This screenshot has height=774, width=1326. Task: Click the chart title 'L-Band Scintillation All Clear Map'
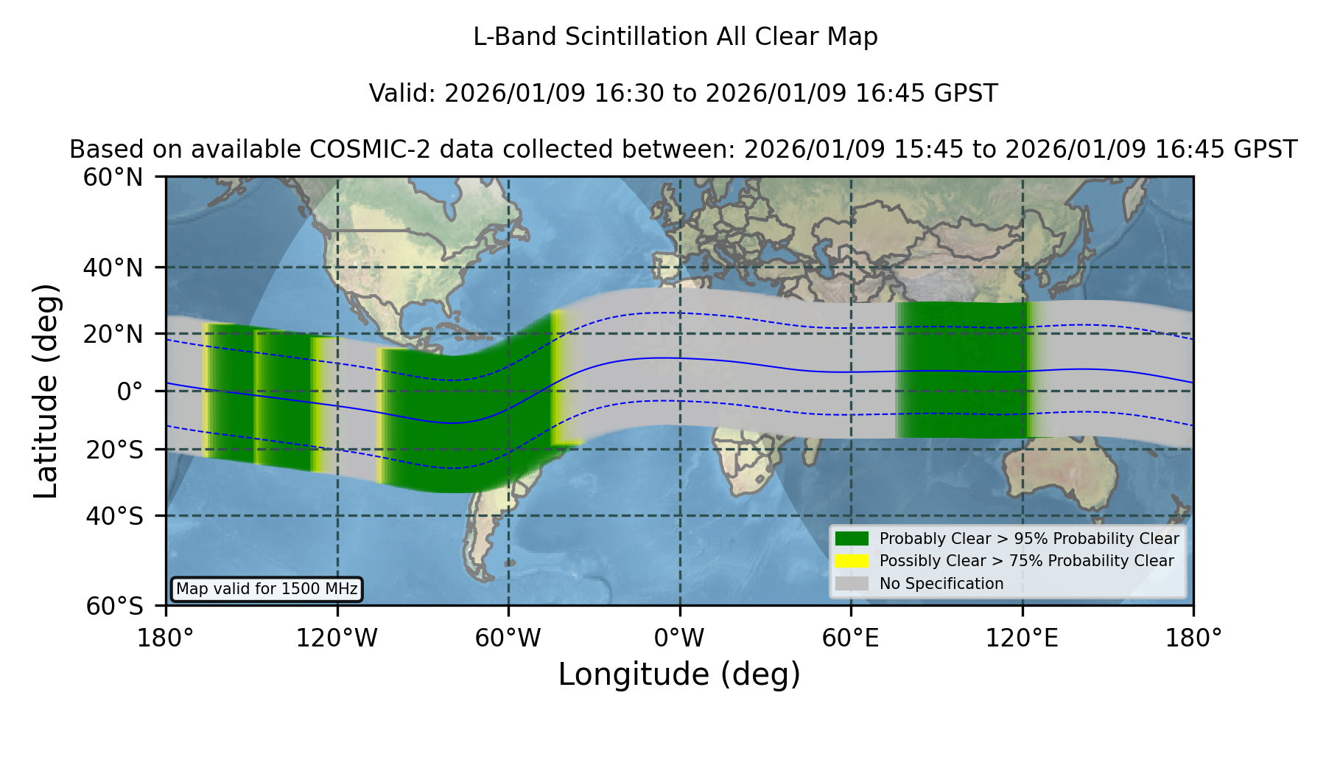click(675, 37)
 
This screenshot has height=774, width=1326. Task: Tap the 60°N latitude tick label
click(113, 178)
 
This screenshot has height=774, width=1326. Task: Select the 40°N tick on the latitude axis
click(113, 268)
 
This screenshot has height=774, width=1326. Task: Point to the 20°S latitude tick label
click(114, 450)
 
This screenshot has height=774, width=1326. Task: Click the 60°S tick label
click(114, 606)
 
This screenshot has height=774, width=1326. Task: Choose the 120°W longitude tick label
click(337, 638)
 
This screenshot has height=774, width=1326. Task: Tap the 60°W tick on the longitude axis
click(508, 638)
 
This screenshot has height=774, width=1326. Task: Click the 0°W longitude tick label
click(679, 638)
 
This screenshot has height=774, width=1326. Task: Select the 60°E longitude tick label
click(851, 638)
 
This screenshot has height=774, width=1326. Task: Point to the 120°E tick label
click(1022, 638)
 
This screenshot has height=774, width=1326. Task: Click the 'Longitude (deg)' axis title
click(679, 674)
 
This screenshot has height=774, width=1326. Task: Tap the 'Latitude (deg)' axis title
click(46, 391)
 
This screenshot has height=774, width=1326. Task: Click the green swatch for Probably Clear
click(852, 539)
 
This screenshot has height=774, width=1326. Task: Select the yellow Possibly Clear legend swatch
click(852, 561)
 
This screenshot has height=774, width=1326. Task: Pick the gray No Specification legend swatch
click(852, 584)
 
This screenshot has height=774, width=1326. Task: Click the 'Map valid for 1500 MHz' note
click(267, 589)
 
